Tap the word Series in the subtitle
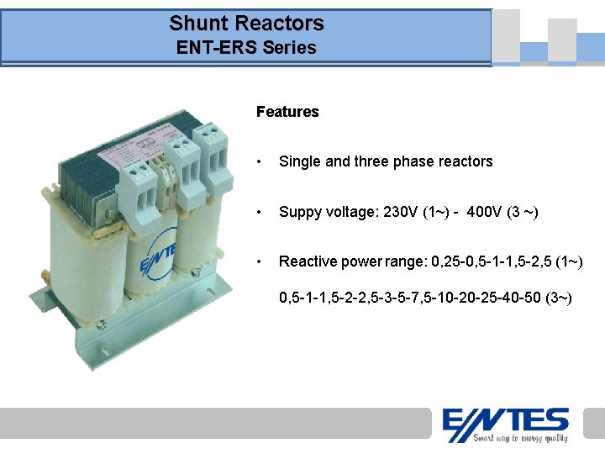click(x=289, y=48)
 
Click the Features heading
click(x=287, y=112)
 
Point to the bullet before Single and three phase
click(x=261, y=161)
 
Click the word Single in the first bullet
click(x=299, y=161)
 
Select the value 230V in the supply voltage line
click(x=402, y=212)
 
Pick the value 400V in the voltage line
click(x=484, y=212)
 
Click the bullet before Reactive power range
click(x=261, y=262)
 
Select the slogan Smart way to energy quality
click(x=520, y=437)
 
